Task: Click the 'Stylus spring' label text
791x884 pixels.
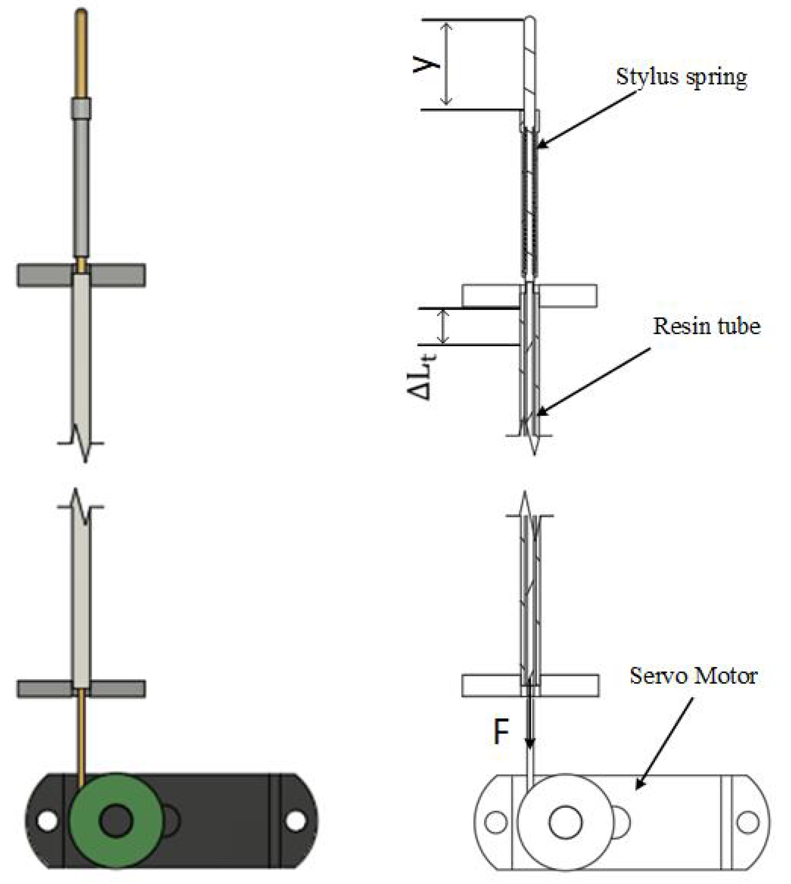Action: pyautogui.click(x=681, y=77)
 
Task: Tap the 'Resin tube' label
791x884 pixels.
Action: pyautogui.click(x=707, y=326)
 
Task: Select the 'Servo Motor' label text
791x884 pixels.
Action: pyautogui.click(x=694, y=676)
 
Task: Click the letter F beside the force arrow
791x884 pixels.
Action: pyautogui.click(x=501, y=732)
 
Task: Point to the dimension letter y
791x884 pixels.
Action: pyautogui.click(x=426, y=65)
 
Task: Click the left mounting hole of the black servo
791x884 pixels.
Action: pyautogui.click(x=47, y=821)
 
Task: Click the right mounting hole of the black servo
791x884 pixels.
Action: pyautogui.click(x=296, y=821)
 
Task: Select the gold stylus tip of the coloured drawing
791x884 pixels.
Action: pyautogui.click(x=81, y=52)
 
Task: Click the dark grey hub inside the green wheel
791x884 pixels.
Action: pyautogui.click(x=116, y=821)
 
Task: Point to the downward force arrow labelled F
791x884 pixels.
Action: pyautogui.click(x=529, y=721)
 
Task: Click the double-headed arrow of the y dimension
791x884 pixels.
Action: pyautogui.click(x=446, y=64)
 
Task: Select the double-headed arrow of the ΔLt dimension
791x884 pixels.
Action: pyautogui.click(x=442, y=327)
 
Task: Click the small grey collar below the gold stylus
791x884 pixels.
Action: pyautogui.click(x=81, y=108)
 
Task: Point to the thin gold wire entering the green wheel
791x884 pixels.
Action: pyautogui.click(x=82, y=739)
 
